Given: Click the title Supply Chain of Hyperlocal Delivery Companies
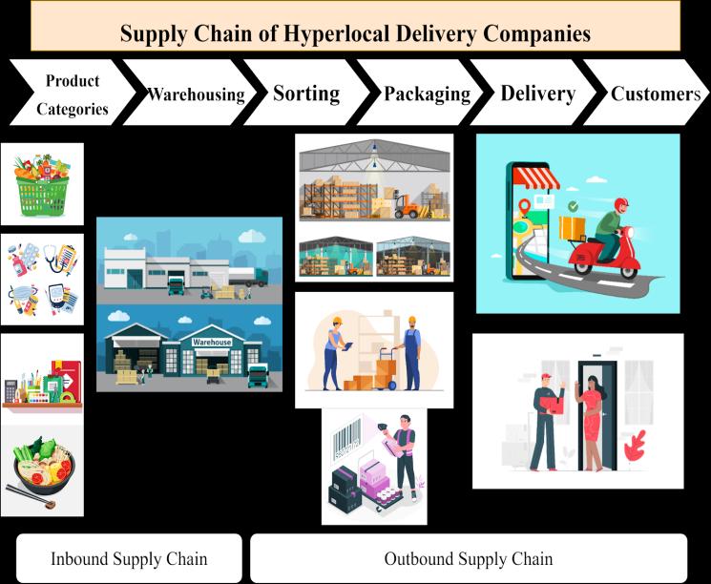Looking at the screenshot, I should pyautogui.click(x=355, y=32).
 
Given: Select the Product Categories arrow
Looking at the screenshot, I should pyautogui.click(x=71, y=94).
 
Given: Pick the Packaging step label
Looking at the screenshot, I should pyautogui.click(x=427, y=94).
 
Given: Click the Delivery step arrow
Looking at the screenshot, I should pyautogui.click(x=537, y=94).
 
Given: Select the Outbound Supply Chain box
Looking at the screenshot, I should pyautogui.click(x=468, y=558).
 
